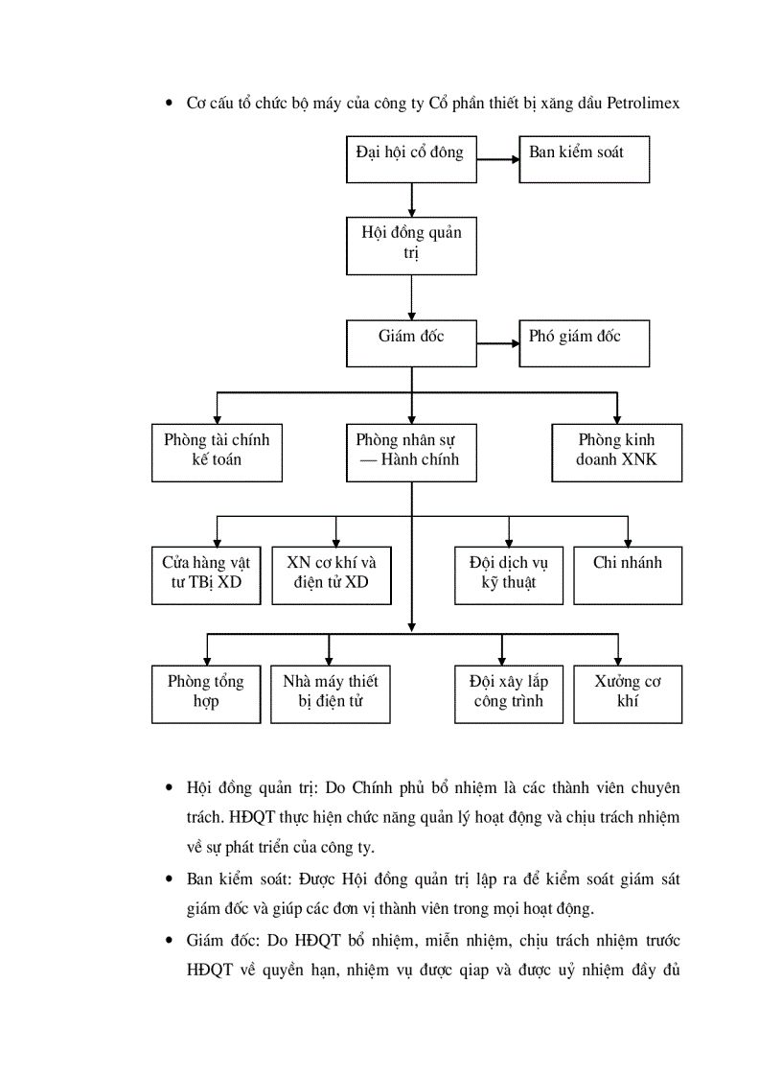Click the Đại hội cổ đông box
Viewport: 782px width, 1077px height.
(x=411, y=159)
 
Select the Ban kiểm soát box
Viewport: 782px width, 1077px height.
(x=584, y=159)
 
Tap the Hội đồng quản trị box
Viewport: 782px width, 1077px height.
(x=411, y=246)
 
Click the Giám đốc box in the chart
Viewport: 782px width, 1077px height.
(x=411, y=343)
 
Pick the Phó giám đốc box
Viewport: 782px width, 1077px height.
(x=584, y=343)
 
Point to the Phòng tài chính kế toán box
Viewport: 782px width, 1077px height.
(x=217, y=452)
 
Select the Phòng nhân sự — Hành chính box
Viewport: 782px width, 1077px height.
(x=411, y=452)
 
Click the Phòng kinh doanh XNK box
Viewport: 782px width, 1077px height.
(x=617, y=452)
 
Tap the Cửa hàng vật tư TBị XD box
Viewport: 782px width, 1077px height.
(x=206, y=574)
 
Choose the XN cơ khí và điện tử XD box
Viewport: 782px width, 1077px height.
(x=332, y=574)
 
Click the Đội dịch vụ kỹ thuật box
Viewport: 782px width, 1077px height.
(x=508, y=574)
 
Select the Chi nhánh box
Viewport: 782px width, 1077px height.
(x=628, y=574)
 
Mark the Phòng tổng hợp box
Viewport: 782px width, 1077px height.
(x=206, y=693)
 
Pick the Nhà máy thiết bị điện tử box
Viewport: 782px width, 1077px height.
(x=331, y=693)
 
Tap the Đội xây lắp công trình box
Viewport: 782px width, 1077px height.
(x=508, y=693)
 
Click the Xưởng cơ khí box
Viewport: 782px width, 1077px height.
(x=628, y=693)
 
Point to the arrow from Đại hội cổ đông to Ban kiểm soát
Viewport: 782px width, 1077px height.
(x=497, y=159)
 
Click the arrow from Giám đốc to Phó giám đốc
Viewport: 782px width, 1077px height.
(x=497, y=343)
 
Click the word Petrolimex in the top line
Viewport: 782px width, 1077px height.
(x=643, y=103)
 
